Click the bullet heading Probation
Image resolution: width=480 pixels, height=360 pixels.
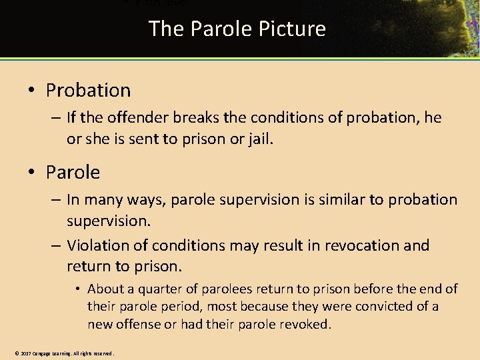pyautogui.click(x=88, y=90)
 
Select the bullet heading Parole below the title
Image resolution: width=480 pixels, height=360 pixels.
pyautogui.click(x=73, y=172)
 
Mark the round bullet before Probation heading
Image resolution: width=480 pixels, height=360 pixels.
pyautogui.click(x=32, y=90)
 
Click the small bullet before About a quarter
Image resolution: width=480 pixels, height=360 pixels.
pyautogui.click(x=77, y=289)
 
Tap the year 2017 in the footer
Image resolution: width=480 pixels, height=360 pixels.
pyautogui.click(x=26, y=353)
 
